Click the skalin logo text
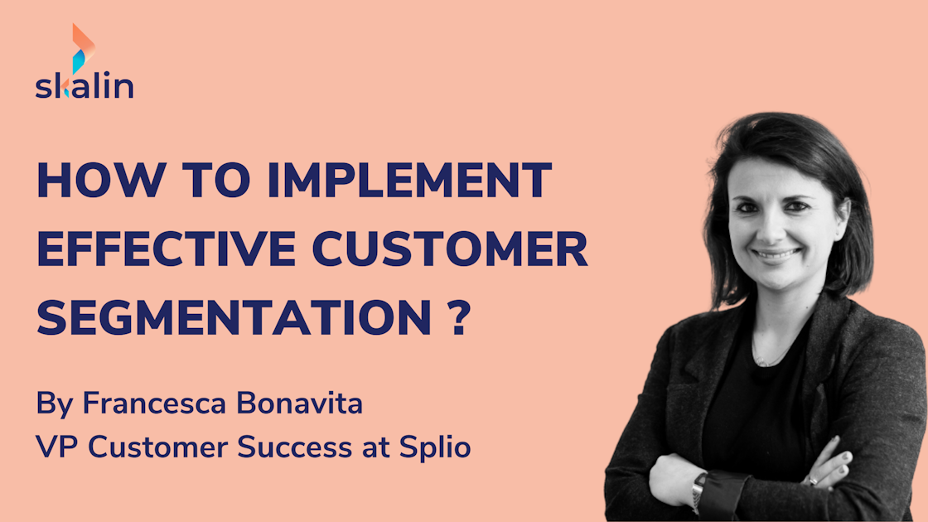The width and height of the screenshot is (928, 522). point(84,86)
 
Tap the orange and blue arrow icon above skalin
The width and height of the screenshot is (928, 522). point(82,47)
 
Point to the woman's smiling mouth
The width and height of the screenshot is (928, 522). point(776,254)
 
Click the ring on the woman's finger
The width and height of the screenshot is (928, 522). point(813,478)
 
